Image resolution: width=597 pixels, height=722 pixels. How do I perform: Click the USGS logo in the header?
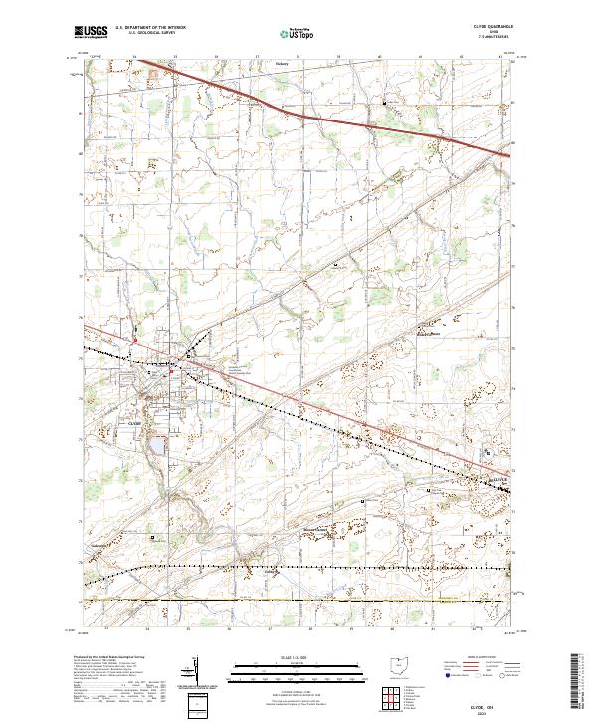90,33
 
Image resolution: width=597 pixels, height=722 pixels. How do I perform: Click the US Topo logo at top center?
298,33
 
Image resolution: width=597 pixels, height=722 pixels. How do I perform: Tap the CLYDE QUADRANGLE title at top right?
494,29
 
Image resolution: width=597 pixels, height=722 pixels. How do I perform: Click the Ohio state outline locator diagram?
399,666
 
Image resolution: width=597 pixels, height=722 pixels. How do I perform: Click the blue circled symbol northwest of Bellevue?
487,453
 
